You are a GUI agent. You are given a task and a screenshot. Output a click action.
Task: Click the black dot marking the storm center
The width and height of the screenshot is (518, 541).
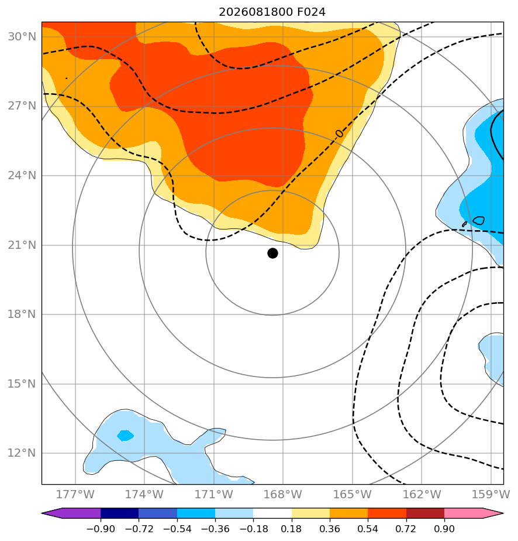272,254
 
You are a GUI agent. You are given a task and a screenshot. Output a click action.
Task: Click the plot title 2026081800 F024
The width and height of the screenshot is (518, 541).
272,12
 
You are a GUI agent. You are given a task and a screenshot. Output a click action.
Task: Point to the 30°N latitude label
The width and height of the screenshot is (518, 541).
22,36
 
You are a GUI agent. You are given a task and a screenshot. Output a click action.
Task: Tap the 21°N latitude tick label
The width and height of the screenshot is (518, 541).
22,245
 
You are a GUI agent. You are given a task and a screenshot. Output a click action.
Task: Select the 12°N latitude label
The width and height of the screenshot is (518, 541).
22,453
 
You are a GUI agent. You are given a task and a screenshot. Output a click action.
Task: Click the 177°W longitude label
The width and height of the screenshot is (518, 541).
75,494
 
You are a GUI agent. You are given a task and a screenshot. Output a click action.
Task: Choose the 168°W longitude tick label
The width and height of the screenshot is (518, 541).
283,494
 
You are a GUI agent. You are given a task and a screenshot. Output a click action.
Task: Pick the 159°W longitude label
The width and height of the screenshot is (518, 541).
491,494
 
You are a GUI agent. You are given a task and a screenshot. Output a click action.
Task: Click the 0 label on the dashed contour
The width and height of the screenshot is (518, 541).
339,133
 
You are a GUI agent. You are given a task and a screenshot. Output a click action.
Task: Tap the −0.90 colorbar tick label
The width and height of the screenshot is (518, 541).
101,529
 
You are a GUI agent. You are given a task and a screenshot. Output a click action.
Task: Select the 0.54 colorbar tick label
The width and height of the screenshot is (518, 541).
368,529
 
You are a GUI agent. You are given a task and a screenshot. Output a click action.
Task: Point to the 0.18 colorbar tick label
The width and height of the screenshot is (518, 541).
291,529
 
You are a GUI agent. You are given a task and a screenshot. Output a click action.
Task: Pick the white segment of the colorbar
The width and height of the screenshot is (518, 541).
272,513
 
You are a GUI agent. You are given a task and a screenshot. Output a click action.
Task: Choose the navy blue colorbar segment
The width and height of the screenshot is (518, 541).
119,513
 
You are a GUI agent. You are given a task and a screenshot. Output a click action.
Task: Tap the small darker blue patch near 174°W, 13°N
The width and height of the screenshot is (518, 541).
125,436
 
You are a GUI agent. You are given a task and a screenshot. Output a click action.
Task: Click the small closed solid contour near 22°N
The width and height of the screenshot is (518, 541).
479,221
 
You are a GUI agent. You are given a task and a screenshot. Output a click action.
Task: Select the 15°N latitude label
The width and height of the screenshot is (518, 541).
22,384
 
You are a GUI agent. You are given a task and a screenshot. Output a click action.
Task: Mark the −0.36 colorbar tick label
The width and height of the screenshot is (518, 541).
215,529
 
